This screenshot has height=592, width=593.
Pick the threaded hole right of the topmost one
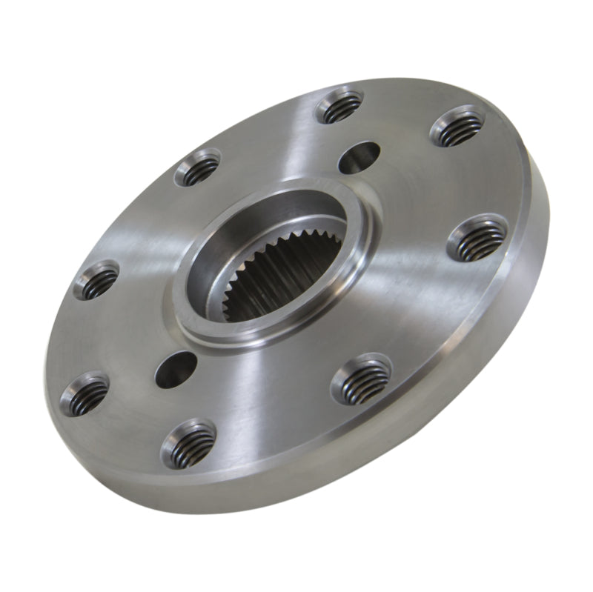point(457,125)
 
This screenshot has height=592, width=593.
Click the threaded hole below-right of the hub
point(361,379)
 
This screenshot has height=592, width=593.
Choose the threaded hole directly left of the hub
point(97,280)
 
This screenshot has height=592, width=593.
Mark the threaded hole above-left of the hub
point(198,169)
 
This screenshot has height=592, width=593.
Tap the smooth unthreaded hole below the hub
point(176,368)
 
